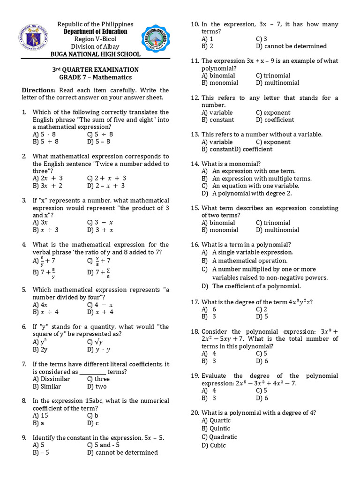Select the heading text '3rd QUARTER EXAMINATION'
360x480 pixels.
[x=95, y=69]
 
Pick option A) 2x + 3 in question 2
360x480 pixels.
[x=48, y=178]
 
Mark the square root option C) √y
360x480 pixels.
[x=95, y=342]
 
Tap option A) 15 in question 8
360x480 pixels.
[x=41, y=415]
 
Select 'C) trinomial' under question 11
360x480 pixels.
[x=273, y=75]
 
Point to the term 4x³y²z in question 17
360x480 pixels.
[x=299, y=302]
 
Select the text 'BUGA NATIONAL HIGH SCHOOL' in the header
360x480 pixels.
[x=95, y=54]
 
